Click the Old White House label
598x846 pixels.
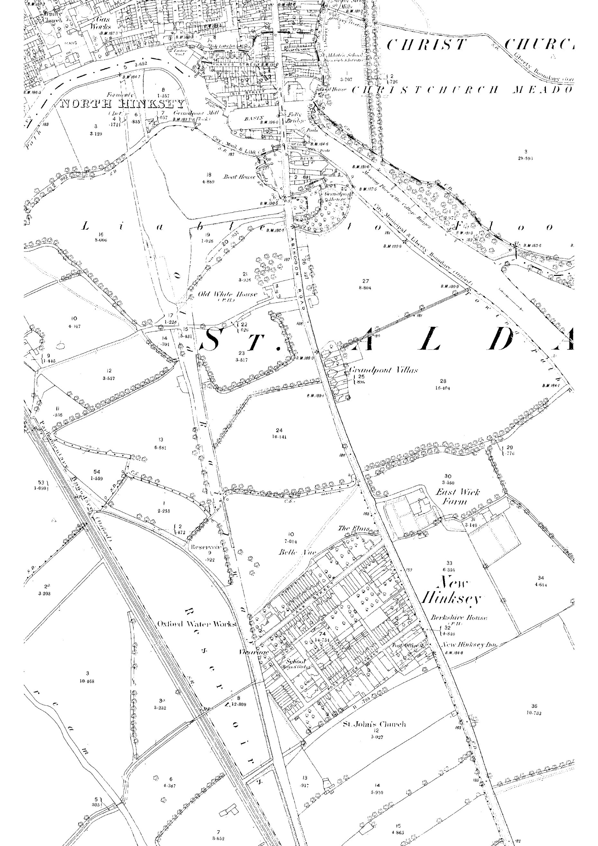pyautogui.click(x=227, y=295)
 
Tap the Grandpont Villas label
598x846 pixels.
pyautogui.click(x=383, y=370)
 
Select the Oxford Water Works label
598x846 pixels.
pyautogui.click(x=196, y=624)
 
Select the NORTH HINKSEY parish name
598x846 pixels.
pyautogui.click(x=122, y=104)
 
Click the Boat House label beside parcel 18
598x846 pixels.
pyautogui.click(x=239, y=177)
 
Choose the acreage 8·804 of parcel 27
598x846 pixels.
pyautogui.click(x=365, y=288)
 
